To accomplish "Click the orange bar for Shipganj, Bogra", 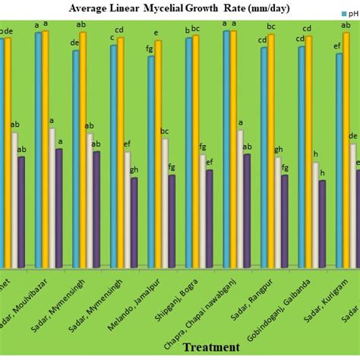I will tap(196, 152).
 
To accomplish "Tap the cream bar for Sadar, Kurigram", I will tap(352, 205).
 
